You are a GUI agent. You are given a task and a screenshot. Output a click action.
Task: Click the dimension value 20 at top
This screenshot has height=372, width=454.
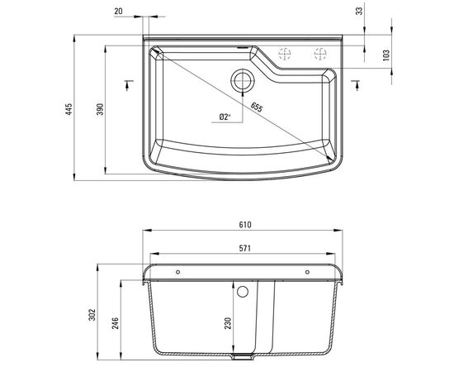click(x=119, y=12)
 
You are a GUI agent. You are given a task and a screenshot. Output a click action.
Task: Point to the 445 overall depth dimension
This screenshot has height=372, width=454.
click(x=69, y=108)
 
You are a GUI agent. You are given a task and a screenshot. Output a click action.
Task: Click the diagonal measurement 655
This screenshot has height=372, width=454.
click(x=257, y=107)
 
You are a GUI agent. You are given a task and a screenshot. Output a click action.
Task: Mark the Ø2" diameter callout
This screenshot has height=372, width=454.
click(x=224, y=117)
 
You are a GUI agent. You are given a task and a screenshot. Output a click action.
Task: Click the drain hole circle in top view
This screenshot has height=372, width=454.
click(x=243, y=80)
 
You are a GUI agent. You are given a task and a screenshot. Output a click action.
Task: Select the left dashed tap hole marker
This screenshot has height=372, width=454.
click(x=285, y=55)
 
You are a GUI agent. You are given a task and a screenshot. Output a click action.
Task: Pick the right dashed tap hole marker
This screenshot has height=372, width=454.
click(x=319, y=55)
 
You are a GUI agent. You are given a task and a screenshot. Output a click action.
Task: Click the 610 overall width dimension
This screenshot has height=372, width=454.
click(x=244, y=224)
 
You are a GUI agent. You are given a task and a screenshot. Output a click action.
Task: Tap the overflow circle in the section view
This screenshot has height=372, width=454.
click(x=243, y=292)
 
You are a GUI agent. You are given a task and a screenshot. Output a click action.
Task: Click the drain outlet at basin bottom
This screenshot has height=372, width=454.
click(x=243, y=358)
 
